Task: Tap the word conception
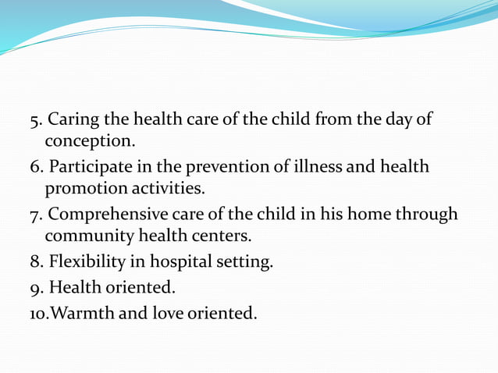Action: (89, 141)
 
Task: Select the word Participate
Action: (87, 167)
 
